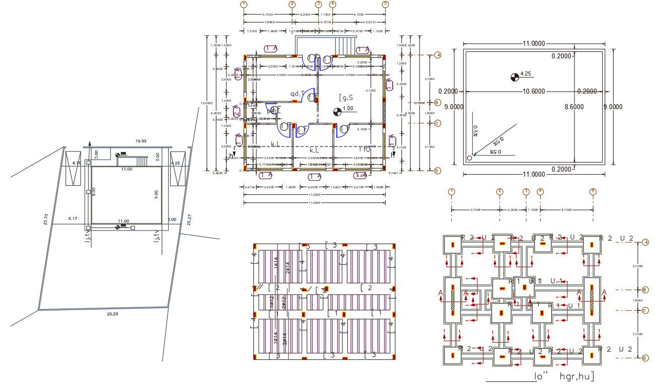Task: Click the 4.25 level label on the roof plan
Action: pyautogui.click(x=526, y=73)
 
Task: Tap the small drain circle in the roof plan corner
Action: pyautogui.click(x=469, y=158)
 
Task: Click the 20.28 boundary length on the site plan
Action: pyautogui.click(x=113, y=314)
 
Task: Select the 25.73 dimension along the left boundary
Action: pyautogui.click(x=46, y=219)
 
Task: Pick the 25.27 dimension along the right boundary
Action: pyautogui.click(x=189, y=219)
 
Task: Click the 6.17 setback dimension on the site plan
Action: pyautogui.click(x=73, y=218)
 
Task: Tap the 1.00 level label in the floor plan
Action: pyautogui.click(x=347, y=109)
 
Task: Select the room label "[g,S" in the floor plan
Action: pyautogui.click(x=346, y=97)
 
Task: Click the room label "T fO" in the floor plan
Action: pyautogui.click(x=364, y=149)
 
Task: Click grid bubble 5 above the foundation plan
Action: pyautogui.click(x=593, y=191)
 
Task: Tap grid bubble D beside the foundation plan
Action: pyautogui.click(x=645, y=358)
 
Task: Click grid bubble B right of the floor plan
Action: pyautogui.click(x=438, y=103)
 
